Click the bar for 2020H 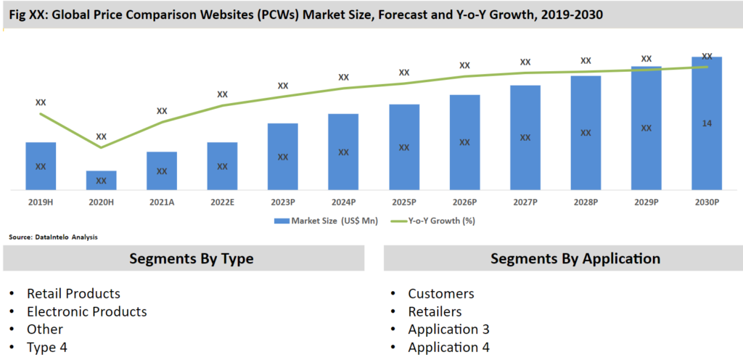[102, 181]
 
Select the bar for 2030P [707, 123]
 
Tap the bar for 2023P [283, 157]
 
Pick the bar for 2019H [41, 166]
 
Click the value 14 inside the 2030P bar [707, 123]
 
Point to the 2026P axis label [464, 202]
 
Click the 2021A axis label [162, 202]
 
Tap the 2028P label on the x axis [586, 202]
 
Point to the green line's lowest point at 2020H [102, 147]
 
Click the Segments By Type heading [191, 258]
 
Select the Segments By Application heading [575, 258]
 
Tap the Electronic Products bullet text [86, 311]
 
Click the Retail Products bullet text [73, 293]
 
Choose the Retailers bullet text [435, 311]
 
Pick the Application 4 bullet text [448, 347]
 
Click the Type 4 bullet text [47, 347]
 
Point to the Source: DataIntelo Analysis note [53, 237]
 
